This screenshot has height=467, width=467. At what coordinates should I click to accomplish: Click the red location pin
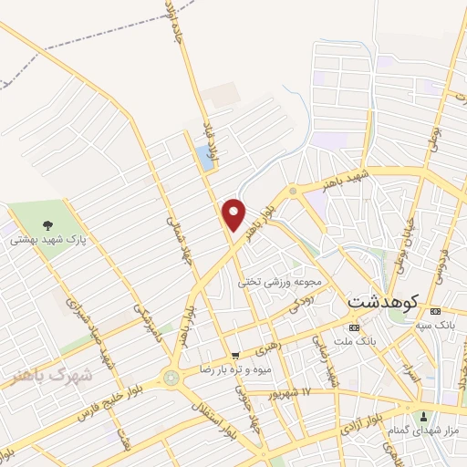point(234,214)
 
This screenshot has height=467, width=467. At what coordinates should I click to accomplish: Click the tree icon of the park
point(47,224)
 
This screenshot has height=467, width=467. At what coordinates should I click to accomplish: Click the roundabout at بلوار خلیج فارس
point(171,378)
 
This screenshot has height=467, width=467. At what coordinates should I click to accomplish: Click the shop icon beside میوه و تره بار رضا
point(235,355)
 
